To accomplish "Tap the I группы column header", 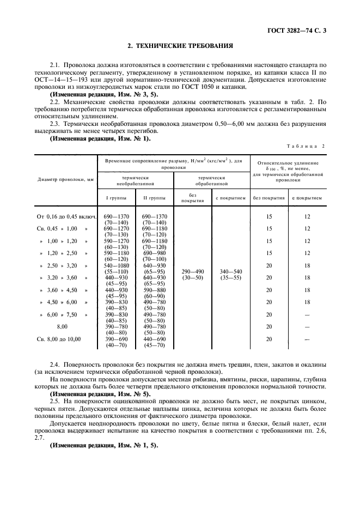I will [x=117, y=197].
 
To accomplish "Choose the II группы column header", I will [x=155, y=197].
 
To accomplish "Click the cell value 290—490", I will [x=192, y=271].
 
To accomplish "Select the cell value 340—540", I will [x=231, y=271].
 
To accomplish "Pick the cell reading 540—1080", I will [x=117, y=265].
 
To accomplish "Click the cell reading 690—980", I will [x=155, y=253].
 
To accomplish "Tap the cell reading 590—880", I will [x=155, y=289].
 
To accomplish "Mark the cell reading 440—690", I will [x=155, y=338].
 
